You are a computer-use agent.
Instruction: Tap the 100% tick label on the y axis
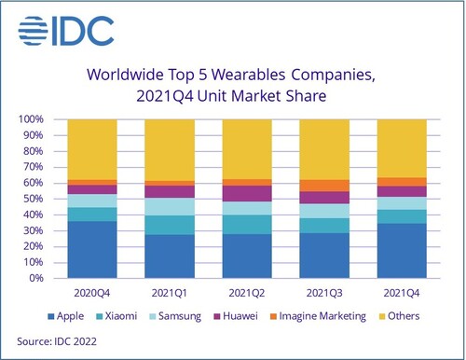(x=31, y=119)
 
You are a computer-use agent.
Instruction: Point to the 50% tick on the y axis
(x=33, y=199)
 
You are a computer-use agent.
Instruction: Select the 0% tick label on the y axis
(x=35, y=278)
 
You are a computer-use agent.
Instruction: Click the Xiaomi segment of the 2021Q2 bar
(x=247, y=224)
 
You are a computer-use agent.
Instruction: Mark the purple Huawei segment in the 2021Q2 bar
(x=247, y=193)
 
